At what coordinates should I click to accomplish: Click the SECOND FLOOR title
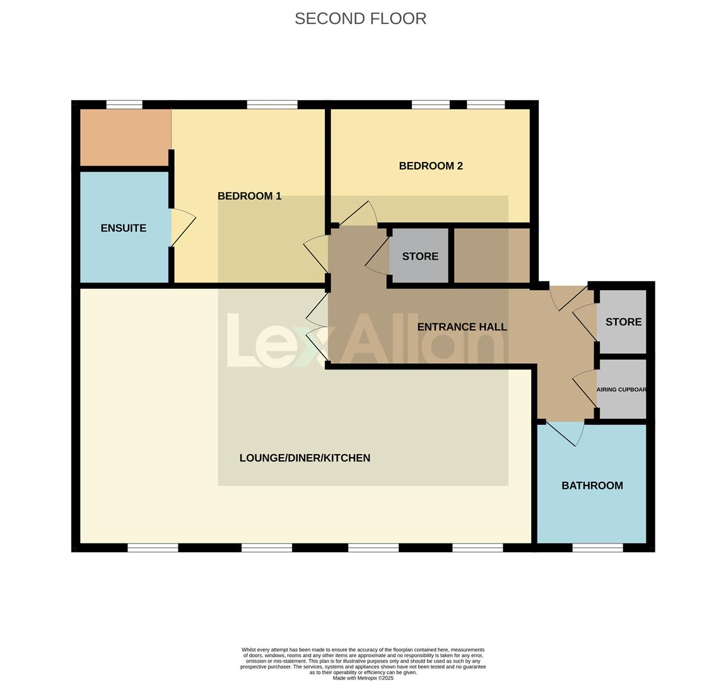(x=360, y=19)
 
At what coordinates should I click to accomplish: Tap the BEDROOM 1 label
(x=249, y=196)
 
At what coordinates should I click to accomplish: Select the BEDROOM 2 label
(x=431, y=166)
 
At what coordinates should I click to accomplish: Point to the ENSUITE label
(x=124, y=228)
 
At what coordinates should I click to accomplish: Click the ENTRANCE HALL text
(x=462, y=327)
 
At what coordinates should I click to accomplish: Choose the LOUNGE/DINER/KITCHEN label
(x=305, y=458)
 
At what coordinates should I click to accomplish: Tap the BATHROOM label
(x=592, y=486)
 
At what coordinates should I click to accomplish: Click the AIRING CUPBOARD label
(x=622, y=390)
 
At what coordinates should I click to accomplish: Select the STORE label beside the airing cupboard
(x=623, y=322)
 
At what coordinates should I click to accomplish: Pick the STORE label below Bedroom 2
(x=420, y=256)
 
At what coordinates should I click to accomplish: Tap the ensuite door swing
(x=183, y=227)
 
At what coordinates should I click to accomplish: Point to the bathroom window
(x=597, y=547)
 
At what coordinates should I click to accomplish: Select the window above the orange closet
(x=124, y=105)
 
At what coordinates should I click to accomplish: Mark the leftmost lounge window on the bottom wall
(x=153, y=547)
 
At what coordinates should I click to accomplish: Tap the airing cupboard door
(x=585, y=385)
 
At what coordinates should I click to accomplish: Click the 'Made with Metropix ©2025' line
(x=363, y=678)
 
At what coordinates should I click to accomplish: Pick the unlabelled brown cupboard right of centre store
(x=491, y=255)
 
